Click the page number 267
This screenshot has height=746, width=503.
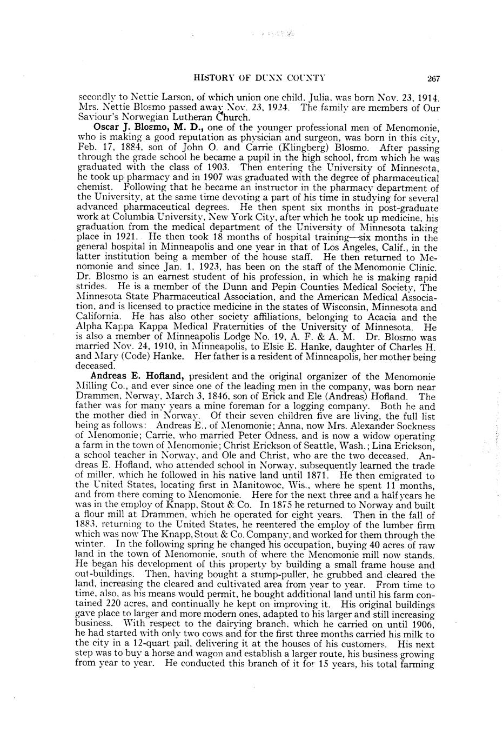pyautogui.click(x=433, y=78)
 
